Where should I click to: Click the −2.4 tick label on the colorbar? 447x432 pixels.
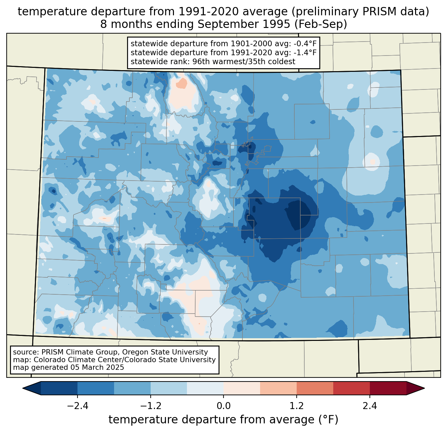click(77, 406)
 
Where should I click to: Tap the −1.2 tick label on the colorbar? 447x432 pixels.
click(150, 406)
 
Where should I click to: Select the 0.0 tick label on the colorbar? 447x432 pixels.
click(223, 406)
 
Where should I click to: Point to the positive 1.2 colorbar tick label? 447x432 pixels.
click(297, 406)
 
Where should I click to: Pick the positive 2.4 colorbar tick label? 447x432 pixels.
click(370, 406)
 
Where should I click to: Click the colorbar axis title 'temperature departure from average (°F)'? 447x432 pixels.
click(223, 420)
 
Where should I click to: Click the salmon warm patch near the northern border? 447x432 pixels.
click(182, 83)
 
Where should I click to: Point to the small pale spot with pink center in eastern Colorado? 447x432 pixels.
click(372, 162)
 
